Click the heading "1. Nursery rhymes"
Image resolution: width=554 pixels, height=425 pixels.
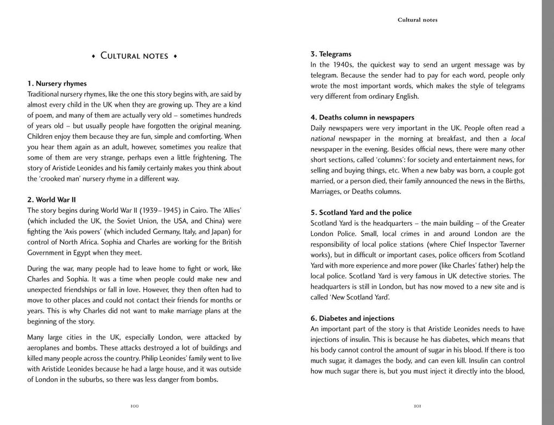click(57, 84)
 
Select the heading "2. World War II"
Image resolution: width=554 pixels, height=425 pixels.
click(52, 200)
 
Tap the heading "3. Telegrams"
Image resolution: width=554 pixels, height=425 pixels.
click(331, 54)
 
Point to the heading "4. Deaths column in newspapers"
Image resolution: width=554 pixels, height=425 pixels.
click(362, 118)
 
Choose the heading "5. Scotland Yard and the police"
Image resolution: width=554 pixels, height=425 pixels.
click(361, 213)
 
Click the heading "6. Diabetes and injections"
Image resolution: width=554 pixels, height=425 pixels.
click(352, 319)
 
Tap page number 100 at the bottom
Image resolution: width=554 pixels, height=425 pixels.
click(135, 406)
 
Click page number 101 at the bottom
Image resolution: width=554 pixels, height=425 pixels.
click(418, 406)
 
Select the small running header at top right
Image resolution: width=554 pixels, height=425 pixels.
click(417, 20)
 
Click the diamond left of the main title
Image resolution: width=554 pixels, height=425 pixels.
click(93, 56)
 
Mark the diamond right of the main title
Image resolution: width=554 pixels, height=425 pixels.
click(175, 56)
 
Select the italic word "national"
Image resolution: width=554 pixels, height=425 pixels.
click(323, 139)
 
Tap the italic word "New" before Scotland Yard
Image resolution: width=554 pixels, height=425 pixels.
click(338, 297)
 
